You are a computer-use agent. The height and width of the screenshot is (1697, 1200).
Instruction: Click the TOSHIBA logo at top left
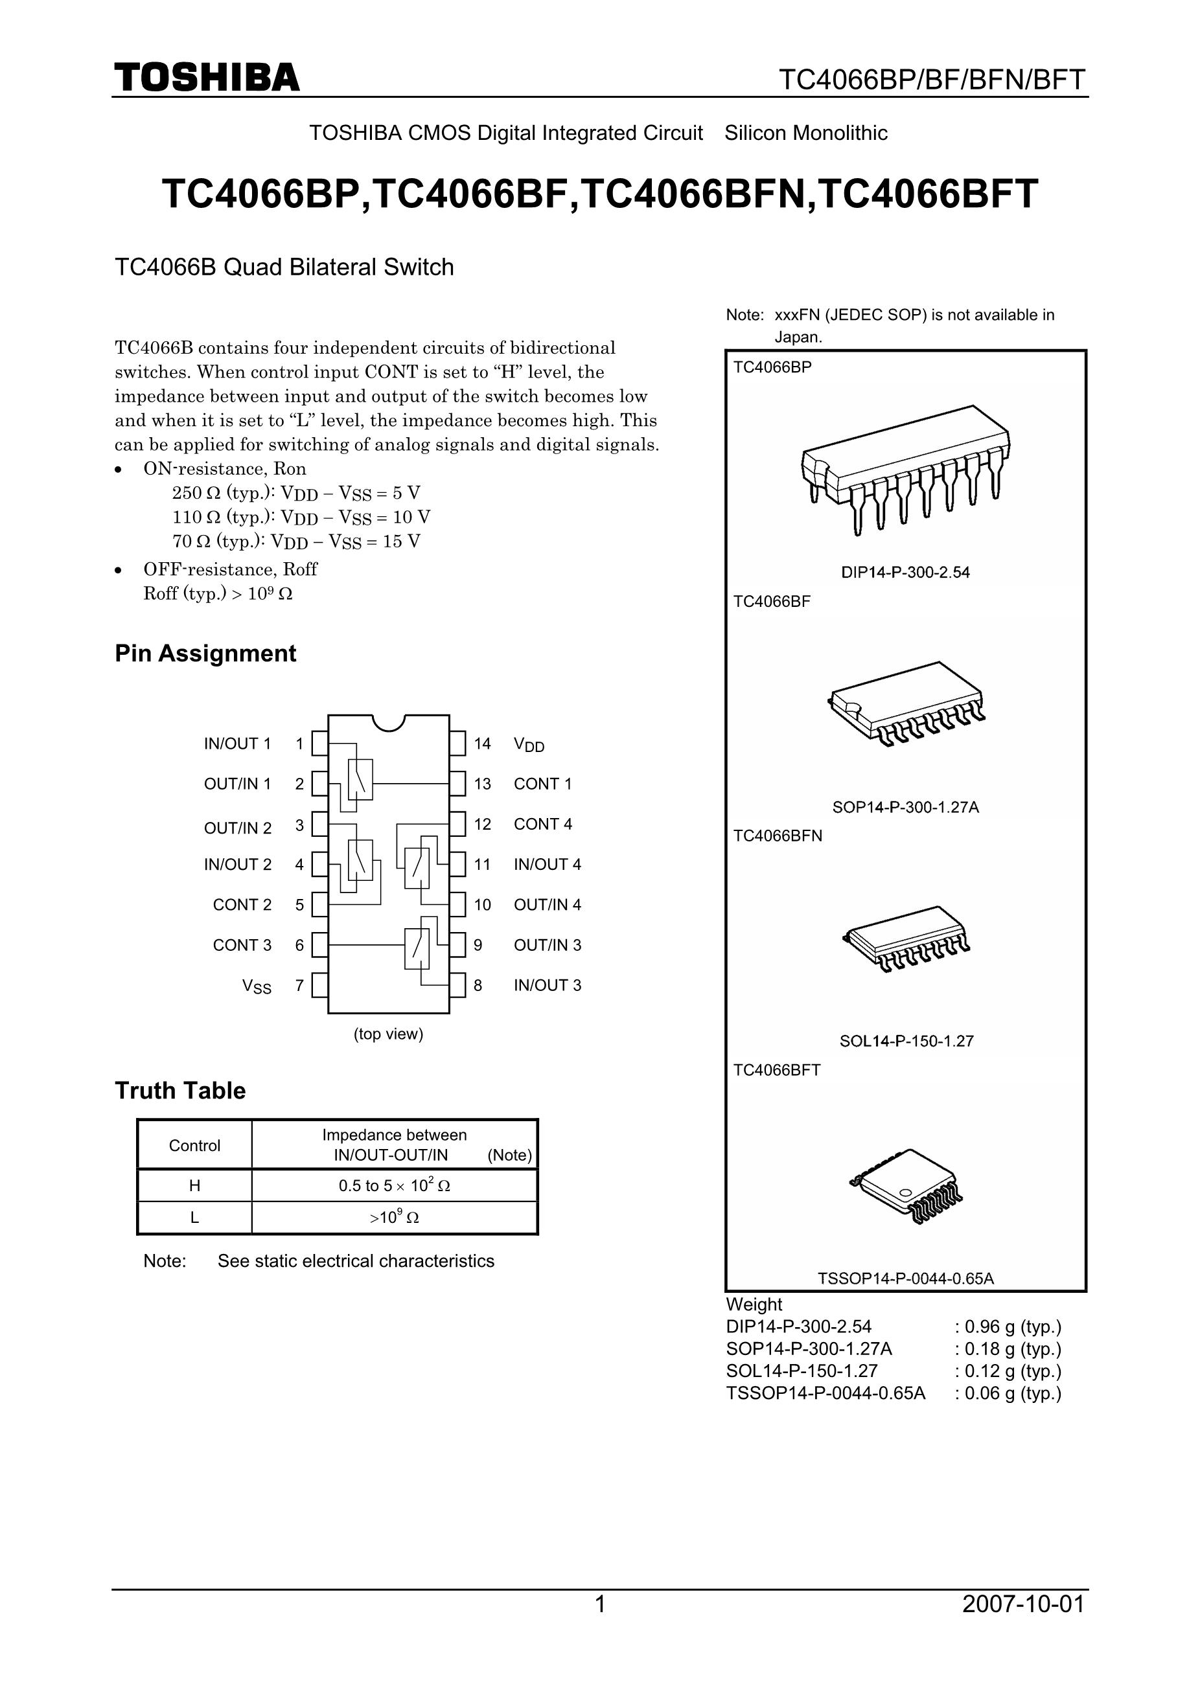point(207,77)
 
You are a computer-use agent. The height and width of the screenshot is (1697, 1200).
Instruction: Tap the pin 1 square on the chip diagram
point(319,743)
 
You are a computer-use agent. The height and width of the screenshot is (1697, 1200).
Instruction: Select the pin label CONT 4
point(543,823)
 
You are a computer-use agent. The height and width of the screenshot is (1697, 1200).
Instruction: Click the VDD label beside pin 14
point(529,744)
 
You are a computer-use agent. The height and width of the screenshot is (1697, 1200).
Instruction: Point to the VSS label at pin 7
point(257,986)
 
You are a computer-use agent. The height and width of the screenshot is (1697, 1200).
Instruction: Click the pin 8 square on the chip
point(457,985)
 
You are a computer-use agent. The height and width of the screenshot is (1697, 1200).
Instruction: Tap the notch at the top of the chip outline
point(389,722)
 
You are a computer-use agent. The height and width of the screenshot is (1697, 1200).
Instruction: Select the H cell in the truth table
point(194,1185)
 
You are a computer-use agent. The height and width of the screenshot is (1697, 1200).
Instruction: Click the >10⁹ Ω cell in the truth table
point(394,1217)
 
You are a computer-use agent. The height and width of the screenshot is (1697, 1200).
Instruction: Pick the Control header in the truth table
point(194,1146)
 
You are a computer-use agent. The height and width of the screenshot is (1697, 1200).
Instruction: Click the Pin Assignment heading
point(205,654)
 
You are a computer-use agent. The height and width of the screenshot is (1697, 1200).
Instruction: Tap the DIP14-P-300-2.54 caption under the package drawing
point(905,572)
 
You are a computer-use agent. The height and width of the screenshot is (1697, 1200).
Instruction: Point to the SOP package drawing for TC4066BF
point(906,702)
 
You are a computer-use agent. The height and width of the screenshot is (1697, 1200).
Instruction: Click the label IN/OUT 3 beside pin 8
point(547,985)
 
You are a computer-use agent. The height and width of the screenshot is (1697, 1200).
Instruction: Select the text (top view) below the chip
point(388,1034)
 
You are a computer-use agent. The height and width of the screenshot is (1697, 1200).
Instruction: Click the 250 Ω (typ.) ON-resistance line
point(295,493)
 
